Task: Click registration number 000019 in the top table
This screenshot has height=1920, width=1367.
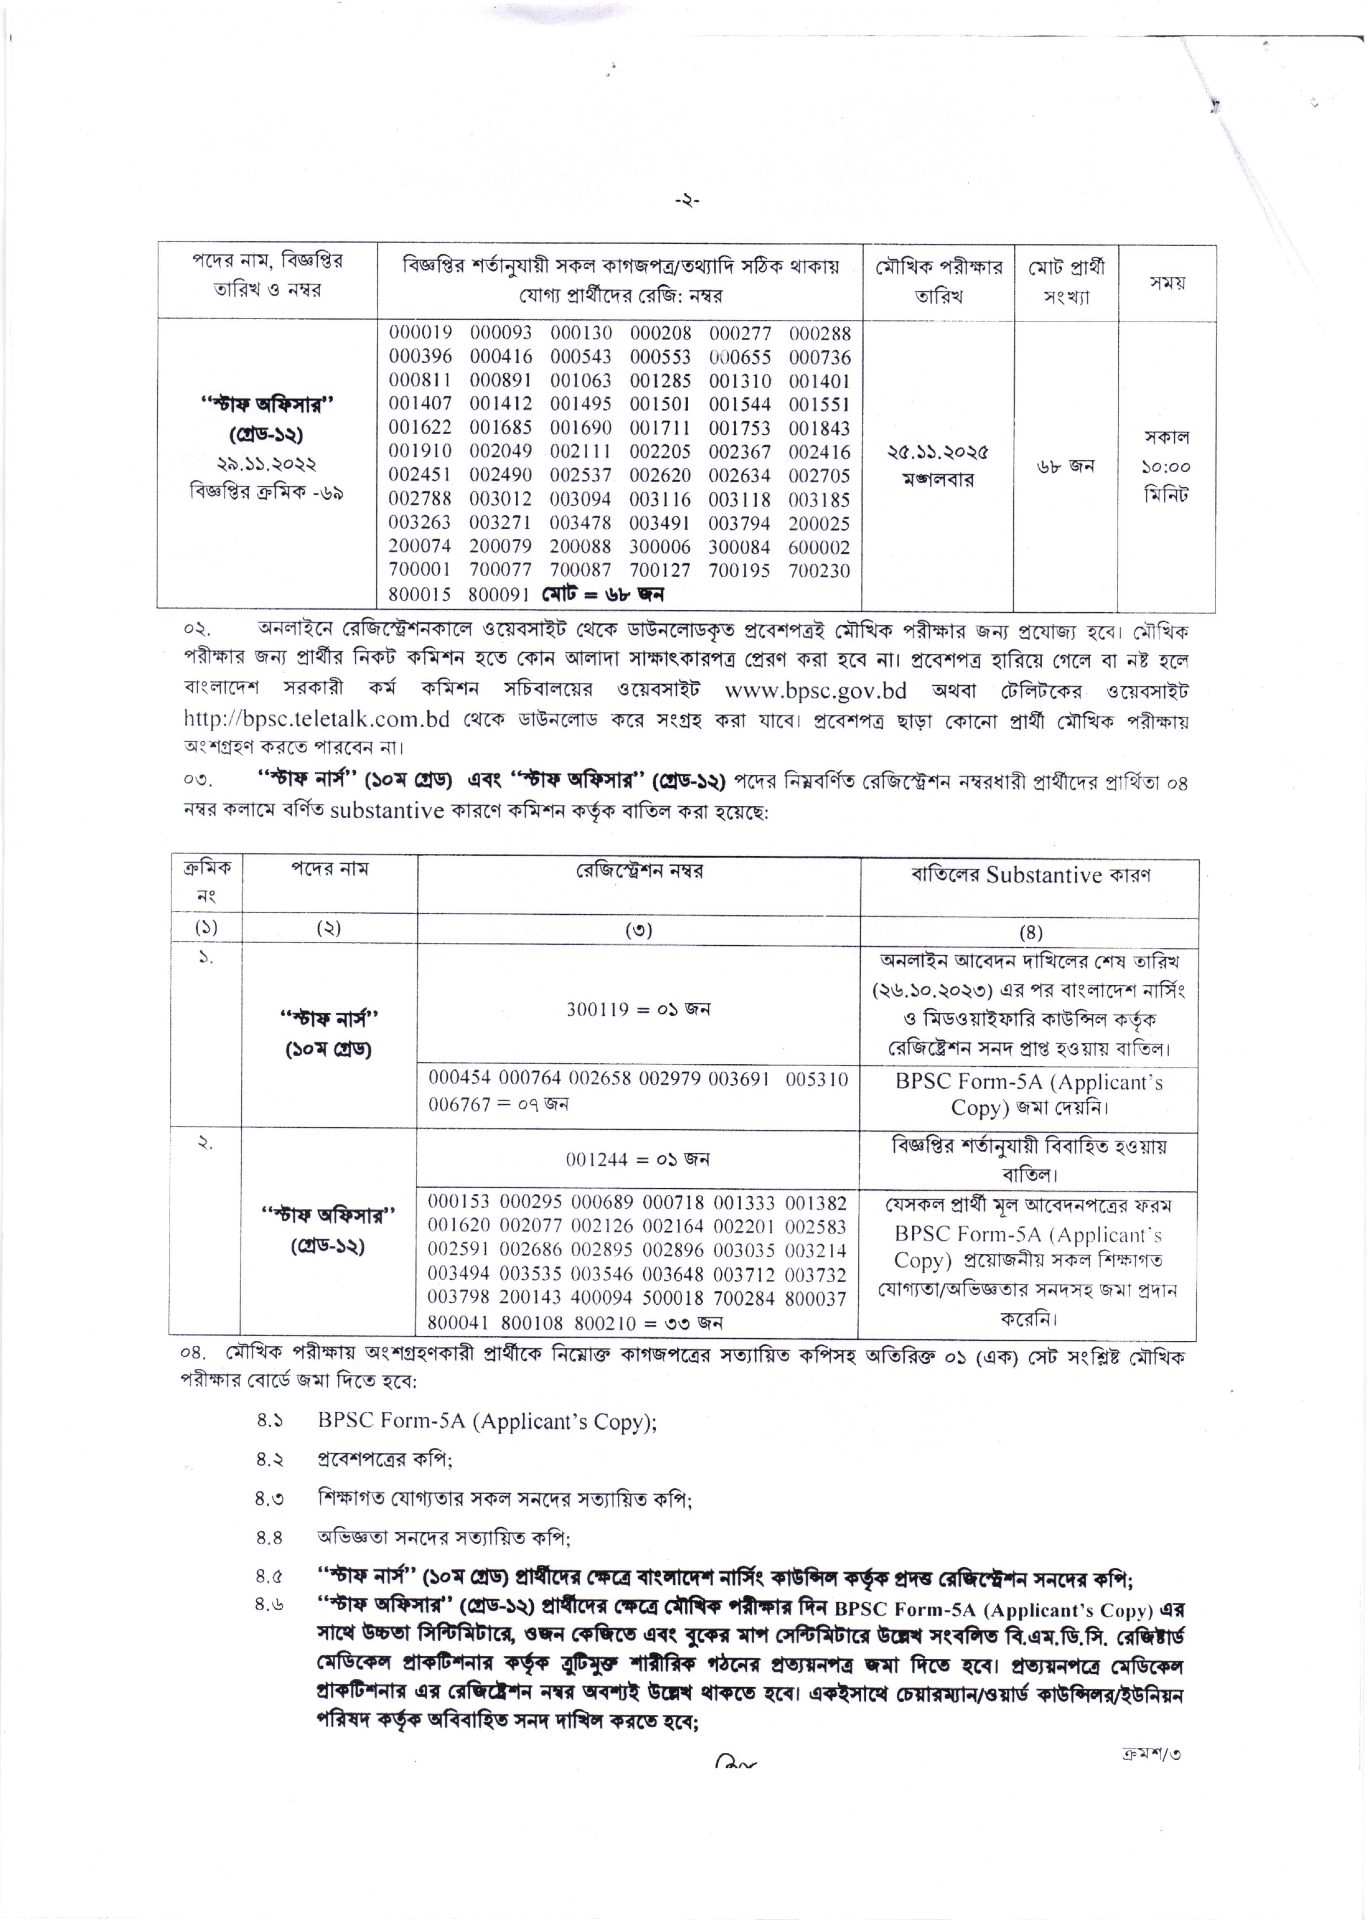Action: tap(420, 334)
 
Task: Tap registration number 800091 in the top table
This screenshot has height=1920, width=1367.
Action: tap(498, 595)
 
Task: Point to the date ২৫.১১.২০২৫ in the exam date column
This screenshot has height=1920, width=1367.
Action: tap(938, 452)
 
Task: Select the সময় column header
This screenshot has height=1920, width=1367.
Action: tap(1167, 283)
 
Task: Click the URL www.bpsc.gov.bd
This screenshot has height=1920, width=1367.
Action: tap(815, 691)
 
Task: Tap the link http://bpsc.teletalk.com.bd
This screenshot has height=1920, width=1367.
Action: tap(316, 720)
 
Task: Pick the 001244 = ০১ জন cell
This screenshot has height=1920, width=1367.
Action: tap(637, 1159)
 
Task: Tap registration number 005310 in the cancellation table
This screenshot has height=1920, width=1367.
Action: tap(817, 1080)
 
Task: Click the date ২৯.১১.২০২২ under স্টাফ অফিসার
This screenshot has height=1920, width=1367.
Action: tap(266, 464)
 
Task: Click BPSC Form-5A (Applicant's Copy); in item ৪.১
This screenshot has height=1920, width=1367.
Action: tap(487, 1422)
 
